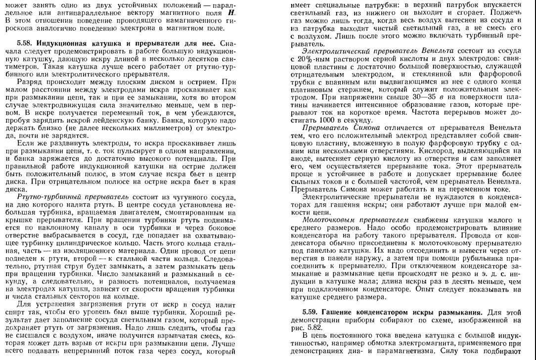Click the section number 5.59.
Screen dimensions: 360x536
pos(311,313)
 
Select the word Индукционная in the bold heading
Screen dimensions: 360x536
pos(57,44)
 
